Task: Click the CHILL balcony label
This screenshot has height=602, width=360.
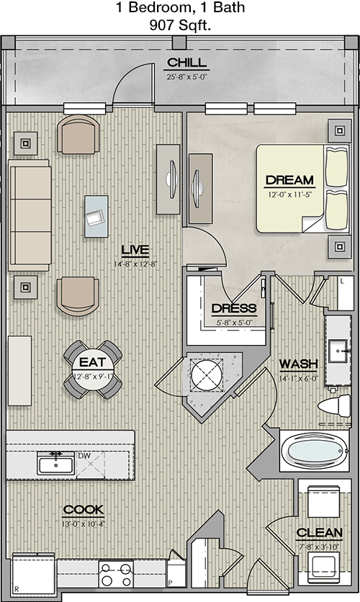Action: coord(187,63)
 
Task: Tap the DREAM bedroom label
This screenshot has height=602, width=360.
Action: coord(289,180)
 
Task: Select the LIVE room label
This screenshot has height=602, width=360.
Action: coord(135,251)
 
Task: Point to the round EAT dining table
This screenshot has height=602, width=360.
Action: coord(93,369)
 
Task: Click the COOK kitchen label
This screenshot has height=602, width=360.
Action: coord(84,510)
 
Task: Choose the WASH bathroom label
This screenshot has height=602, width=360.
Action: coord(298,364)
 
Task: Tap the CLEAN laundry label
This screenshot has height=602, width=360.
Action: coord(319,532)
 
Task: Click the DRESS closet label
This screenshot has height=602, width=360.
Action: coord(234,308)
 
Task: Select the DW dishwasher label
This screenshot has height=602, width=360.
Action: coord(84,456)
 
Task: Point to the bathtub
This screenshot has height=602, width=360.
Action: coord(315,451)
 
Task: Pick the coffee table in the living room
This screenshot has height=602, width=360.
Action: coord(96,216)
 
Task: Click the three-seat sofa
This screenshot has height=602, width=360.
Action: coord(30,215)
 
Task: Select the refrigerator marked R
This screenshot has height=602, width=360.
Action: coord(33,575)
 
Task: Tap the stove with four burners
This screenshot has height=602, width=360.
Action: coord(115,574)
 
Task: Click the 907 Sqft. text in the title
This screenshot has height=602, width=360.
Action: coord(180,25)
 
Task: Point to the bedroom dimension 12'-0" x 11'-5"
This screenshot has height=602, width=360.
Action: coord(289,194)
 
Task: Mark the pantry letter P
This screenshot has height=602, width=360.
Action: coord(170,583)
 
